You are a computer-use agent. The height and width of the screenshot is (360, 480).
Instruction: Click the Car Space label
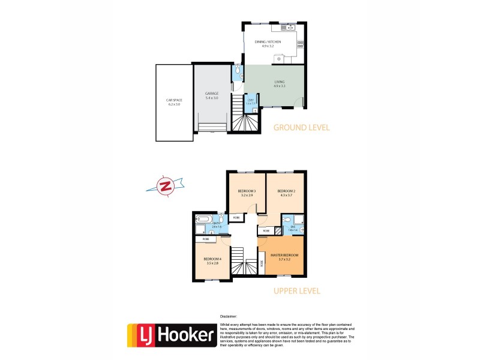[x=173, y=103]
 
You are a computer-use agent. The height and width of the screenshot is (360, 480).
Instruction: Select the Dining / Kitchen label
[x=268, y=43]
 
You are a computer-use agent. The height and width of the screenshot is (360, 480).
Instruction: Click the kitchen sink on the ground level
[x=286, y=27]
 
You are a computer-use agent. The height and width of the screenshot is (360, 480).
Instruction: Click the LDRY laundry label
[x=251, y=101]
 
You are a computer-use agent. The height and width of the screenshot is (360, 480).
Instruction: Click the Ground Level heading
[x=301, y=127]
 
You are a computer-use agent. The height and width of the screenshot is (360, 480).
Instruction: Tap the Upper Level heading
[x=296, y=291]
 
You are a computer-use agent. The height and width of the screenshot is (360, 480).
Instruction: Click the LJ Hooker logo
[x=171, y=335]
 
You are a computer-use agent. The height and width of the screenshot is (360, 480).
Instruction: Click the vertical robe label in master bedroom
[x=262, y=263]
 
